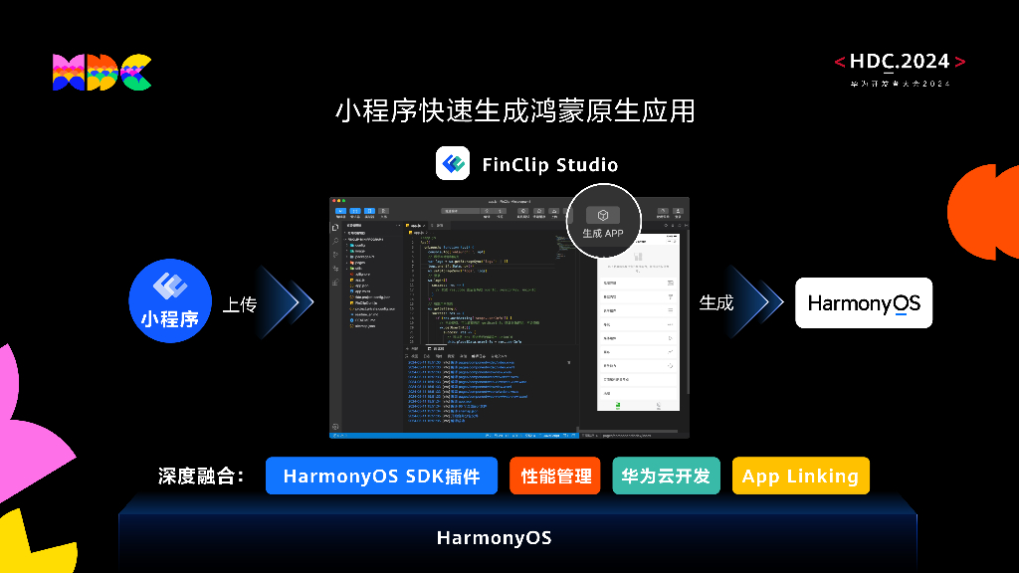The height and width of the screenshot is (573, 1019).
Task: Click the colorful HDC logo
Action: tap(102, 73)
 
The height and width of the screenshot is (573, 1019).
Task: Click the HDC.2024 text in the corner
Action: tap(900, 62)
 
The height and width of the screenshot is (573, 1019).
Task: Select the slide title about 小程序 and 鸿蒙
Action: tap(514, 110)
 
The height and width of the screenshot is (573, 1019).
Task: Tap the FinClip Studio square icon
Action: tap(453, 163)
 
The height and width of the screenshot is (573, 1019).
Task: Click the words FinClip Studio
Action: tap(549, 164)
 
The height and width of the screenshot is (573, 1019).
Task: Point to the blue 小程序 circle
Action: tap(171, 299)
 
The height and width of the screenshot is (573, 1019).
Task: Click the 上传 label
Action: tap(239, 304)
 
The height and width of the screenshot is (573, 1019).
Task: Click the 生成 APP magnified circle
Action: tap(603, 222)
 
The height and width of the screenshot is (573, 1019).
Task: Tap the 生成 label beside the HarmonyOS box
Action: tap(715, 302)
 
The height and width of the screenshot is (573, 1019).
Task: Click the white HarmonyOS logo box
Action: tap(864, 302)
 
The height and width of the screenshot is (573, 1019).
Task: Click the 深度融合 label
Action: tap(202, 476)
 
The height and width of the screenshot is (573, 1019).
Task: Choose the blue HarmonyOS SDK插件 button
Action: tap(381, 476)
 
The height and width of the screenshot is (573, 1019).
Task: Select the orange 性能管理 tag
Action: tap(555, 476)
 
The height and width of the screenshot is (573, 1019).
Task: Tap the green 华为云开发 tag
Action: tap(666, 476)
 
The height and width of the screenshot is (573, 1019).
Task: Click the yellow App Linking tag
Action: tap(800, 476)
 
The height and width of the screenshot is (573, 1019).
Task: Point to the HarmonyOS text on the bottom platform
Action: tap(494, 538)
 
